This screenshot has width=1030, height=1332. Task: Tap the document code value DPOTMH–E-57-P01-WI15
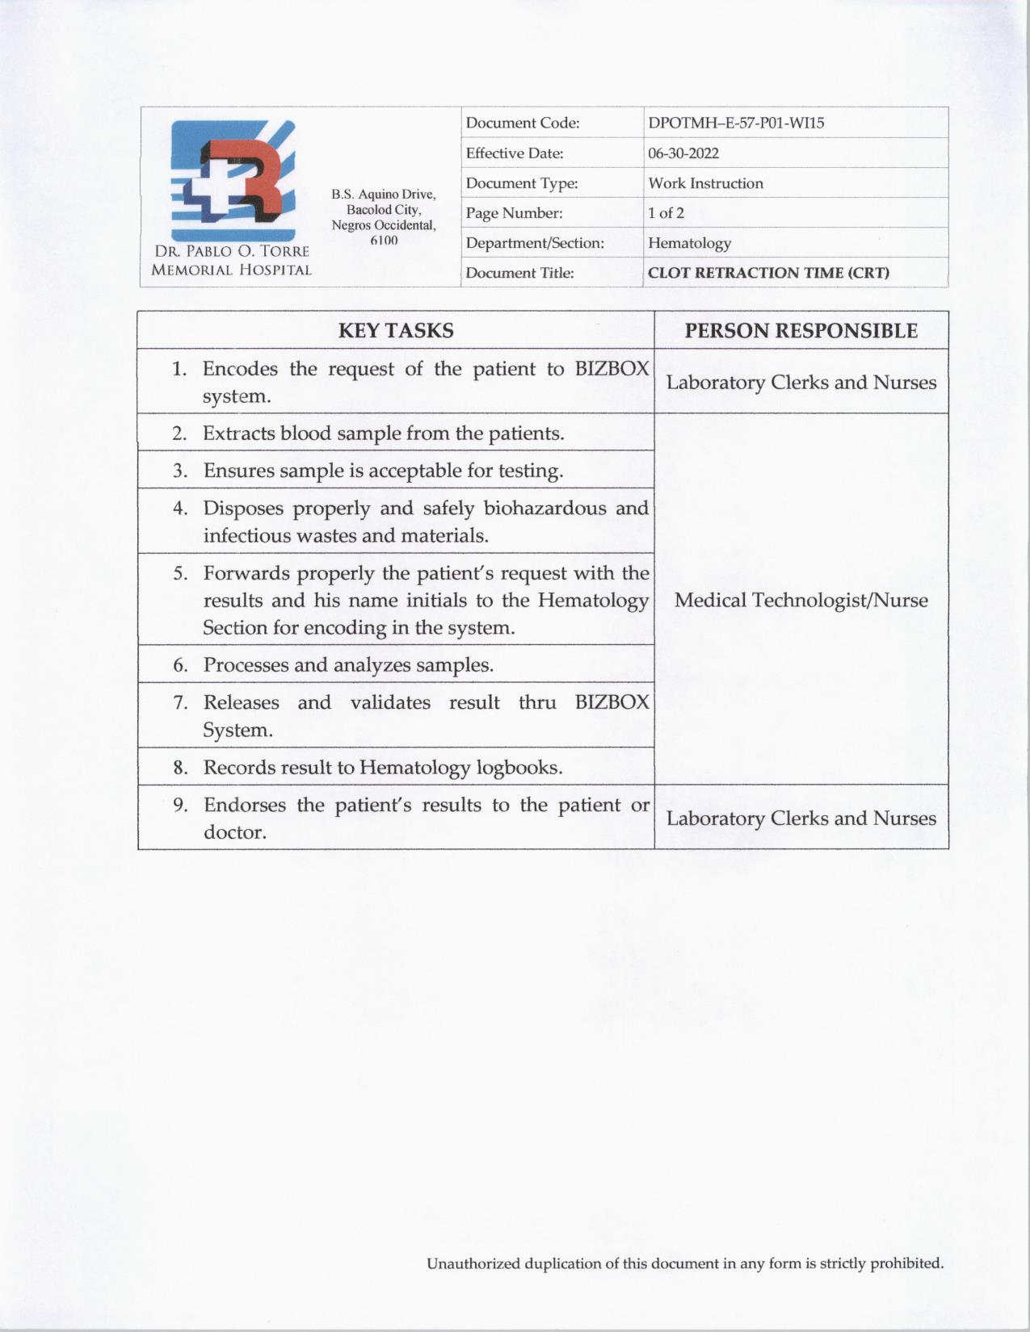pyautogui.click(x=736, y=124)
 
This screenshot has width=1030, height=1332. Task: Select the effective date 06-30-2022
pyautogui.click(x=683, y=153)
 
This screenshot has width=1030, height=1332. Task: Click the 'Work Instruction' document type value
pyautogui.click(x=705, y=183)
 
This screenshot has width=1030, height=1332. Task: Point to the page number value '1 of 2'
pyautogui.click(x=666, y=213)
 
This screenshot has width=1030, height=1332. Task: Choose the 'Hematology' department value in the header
pyautogui.click(x=689, y=243)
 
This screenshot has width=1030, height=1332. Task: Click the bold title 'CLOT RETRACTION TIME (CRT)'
pyautogui.click(x=768, y=273)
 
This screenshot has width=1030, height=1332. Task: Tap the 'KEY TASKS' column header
pyautogui.click(x=396, y=331)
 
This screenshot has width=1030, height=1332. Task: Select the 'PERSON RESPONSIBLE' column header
pyautogui.click(x=801, y=331)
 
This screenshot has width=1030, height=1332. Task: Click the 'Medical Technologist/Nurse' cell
pyautogui.click(x=801, y=600)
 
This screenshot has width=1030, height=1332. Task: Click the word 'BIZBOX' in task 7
pyautogui.click(x=612, y=702)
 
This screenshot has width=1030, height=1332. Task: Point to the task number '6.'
pyautogui.click(x=180, y=665)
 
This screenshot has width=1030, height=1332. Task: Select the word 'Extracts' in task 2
pyautogui.click(x=239, y=434)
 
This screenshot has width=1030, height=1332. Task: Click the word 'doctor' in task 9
pyautogui.click(x=233, y=832)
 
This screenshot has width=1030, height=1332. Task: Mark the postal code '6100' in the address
pyautogui.click(x=384, y=241)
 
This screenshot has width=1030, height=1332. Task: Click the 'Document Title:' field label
pyautogui.click(x=519, y=273)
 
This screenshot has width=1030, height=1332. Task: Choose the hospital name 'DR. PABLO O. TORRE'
pyautogui.click(x=232, y=252)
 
